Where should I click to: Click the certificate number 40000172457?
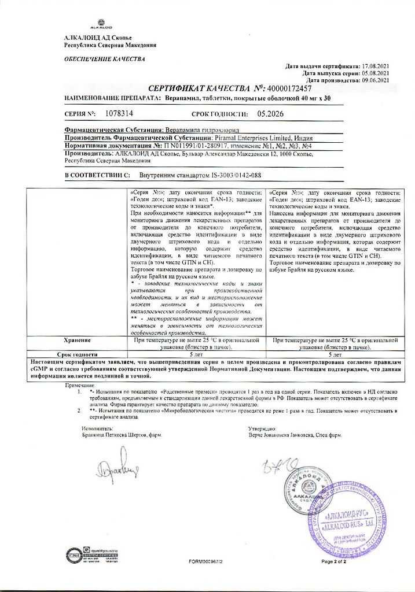pos(288,89)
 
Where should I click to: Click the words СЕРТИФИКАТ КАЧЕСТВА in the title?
pos(199,89)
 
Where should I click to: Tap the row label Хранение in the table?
pos(72,341)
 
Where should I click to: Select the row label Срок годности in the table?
pos(72,354)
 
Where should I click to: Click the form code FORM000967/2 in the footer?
pos(205,561)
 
